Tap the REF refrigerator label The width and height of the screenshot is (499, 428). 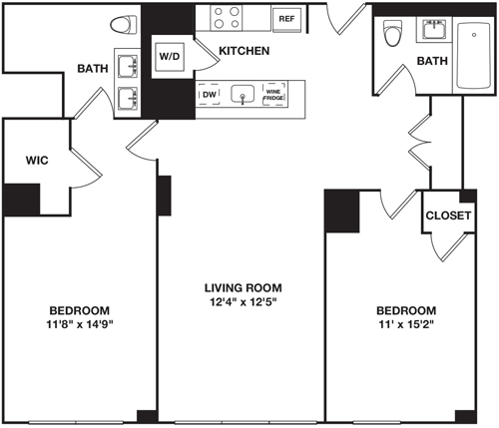point(286,19)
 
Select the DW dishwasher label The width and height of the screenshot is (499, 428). point(210,95)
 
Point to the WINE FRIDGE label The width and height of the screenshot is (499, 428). point(273,94)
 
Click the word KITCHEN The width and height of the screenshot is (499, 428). point(244,50)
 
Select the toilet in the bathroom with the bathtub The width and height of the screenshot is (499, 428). point(391,33)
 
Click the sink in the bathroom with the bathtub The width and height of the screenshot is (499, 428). point(435,29)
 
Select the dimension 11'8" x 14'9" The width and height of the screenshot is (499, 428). point(79,324)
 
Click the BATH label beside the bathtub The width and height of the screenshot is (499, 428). point(432,62)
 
